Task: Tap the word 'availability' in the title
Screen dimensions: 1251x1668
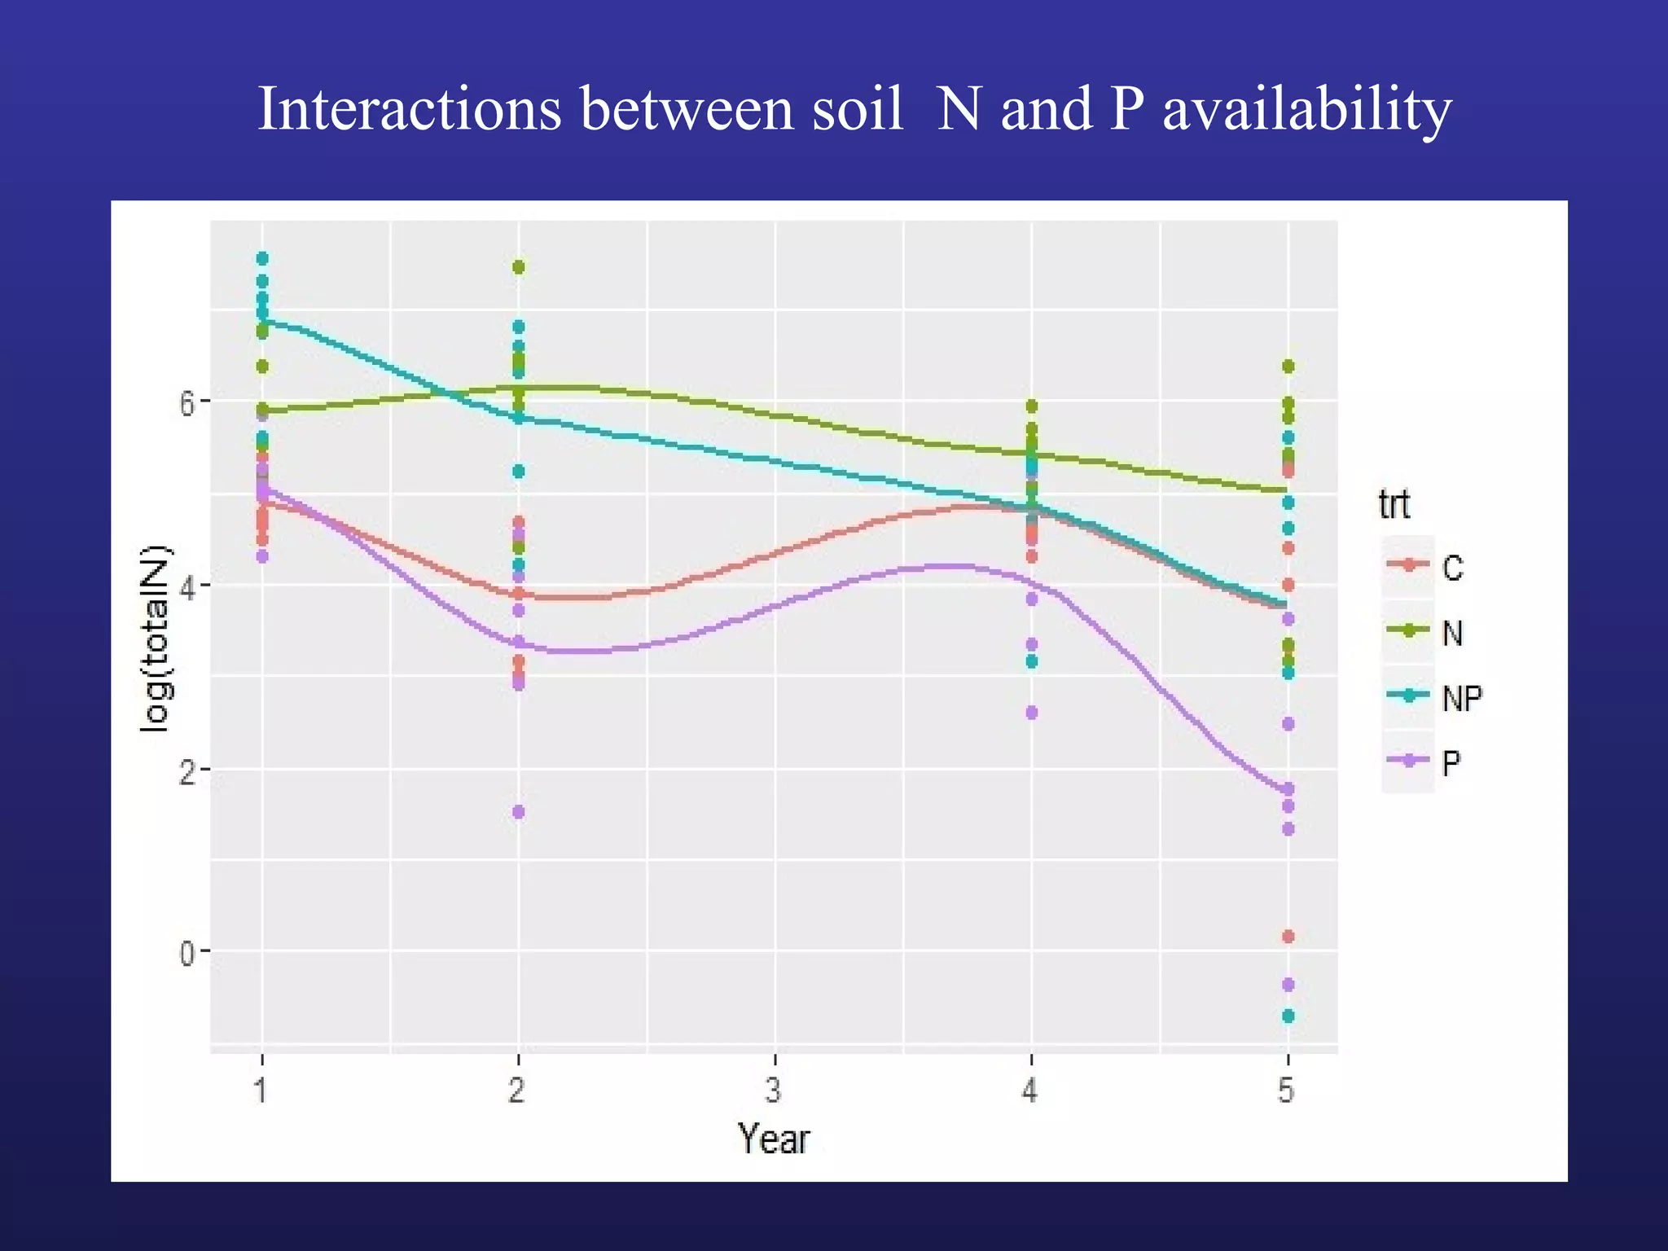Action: (x=1306, y=111)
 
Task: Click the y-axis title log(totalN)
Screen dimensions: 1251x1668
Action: (x=155, y=639)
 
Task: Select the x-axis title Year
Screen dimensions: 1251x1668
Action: (x=774, y=1139)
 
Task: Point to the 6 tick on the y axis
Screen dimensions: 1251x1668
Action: (x=187, y=402)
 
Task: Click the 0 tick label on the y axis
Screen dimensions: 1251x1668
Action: (x=187, y=952)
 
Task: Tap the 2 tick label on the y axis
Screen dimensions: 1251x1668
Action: (x=187, y=770)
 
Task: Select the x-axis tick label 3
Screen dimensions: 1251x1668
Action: (x=774, y=1090)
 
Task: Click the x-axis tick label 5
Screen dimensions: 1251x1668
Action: (x=1287, y=1090)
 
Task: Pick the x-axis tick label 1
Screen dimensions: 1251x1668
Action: (x=261, y=1090)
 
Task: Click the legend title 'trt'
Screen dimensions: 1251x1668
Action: (x=1394, y=504)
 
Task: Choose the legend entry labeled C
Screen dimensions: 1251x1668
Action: (x=1452, y=568)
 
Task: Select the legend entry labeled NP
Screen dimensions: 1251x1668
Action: (x=1462, y=698)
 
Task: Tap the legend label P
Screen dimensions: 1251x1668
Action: (x=1451, y=763)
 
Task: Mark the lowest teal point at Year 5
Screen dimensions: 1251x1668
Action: (x=1288, y=1016)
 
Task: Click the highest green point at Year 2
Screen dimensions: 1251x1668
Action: (x=518, y=267)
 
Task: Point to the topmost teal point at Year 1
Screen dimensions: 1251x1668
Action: (x=262, y=258)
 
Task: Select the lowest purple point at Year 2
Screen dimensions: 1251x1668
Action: (x=518, y=812)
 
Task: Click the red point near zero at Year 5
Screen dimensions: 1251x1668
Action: (x=1288, y=937)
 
